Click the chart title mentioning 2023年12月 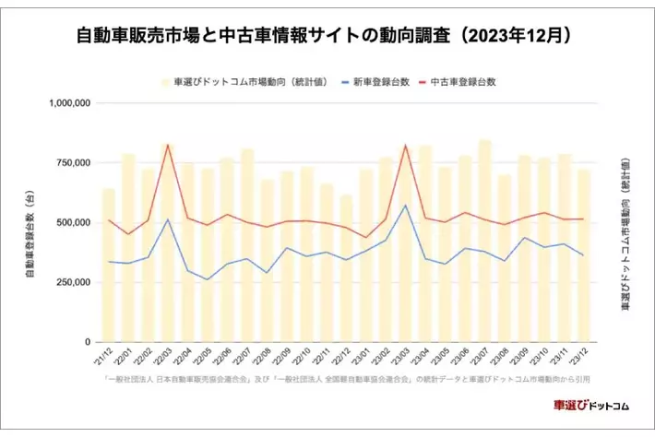327,35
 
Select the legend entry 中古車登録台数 466,81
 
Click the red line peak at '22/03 167,145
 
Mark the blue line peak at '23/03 405,205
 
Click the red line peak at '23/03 405,145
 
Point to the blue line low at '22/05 208,279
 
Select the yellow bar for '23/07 484,240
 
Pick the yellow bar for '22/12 346,267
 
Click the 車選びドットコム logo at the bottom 590,406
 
